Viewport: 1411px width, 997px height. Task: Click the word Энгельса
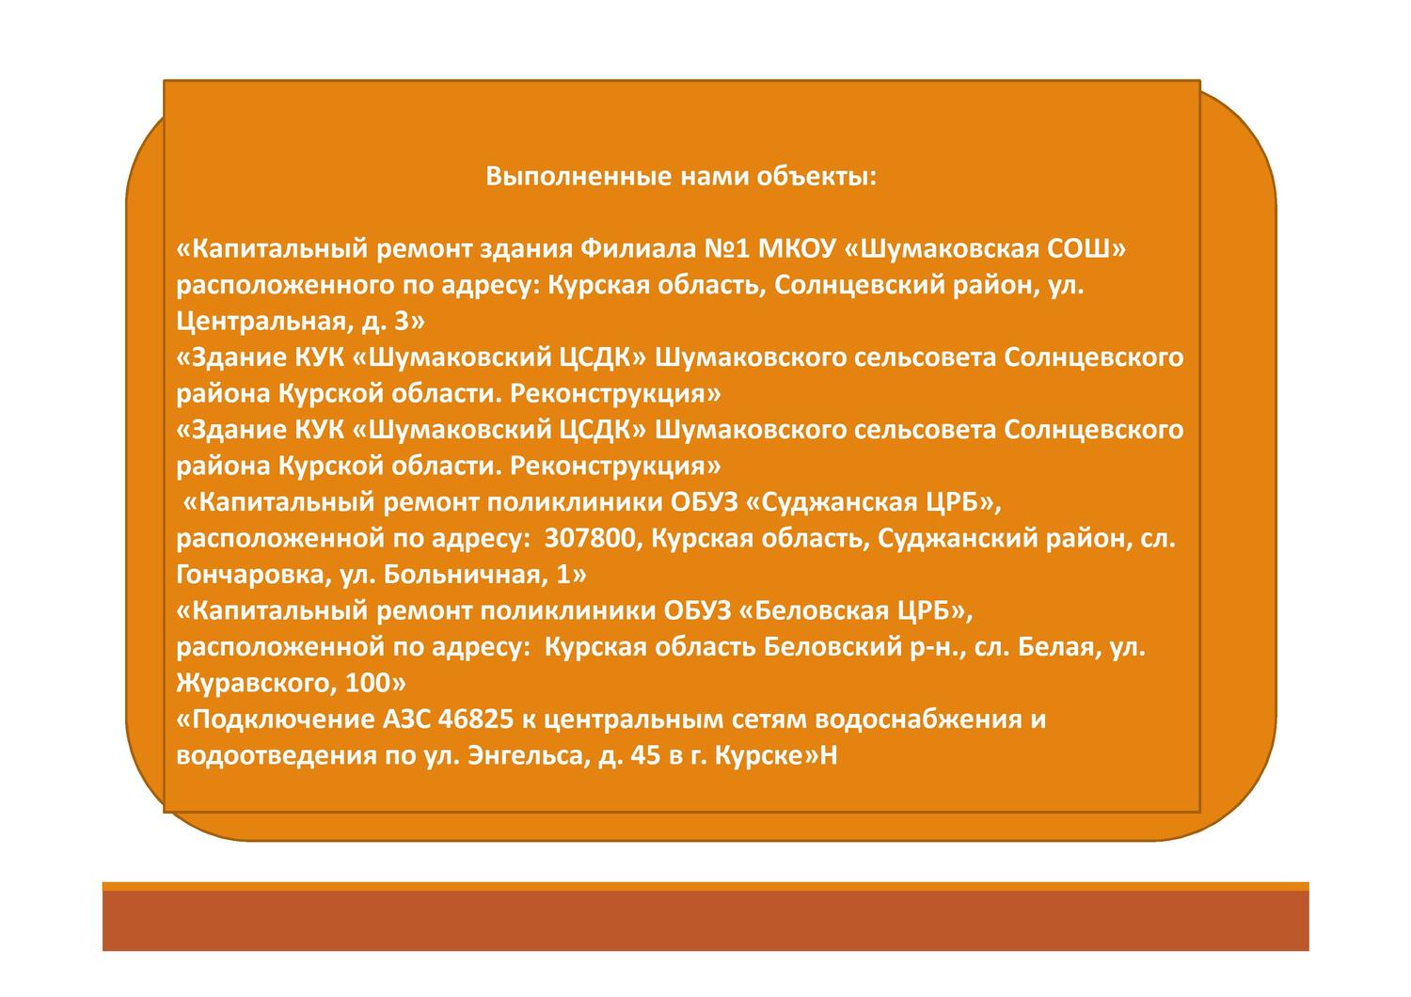click(527, 756)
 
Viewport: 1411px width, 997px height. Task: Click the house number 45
click(647, 756)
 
